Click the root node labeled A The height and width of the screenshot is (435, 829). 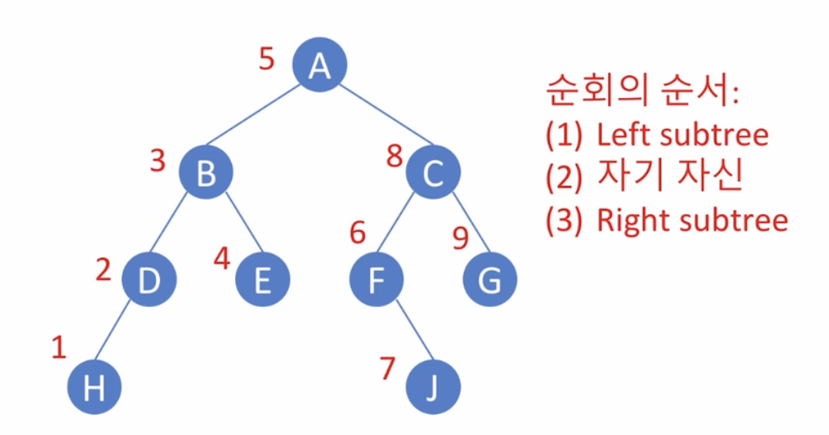coord(318,64)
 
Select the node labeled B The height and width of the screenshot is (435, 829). coord(205,173)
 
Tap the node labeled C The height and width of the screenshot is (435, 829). coord(432,173)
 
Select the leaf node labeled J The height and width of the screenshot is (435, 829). coord(432,388)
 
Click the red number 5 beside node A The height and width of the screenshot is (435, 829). coord(267,60)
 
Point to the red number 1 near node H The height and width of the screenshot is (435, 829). coord(59,347)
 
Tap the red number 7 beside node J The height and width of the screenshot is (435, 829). coord(386,368)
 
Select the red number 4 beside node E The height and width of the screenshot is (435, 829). coord(221,258)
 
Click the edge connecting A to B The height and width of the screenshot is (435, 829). coord(260,116)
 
